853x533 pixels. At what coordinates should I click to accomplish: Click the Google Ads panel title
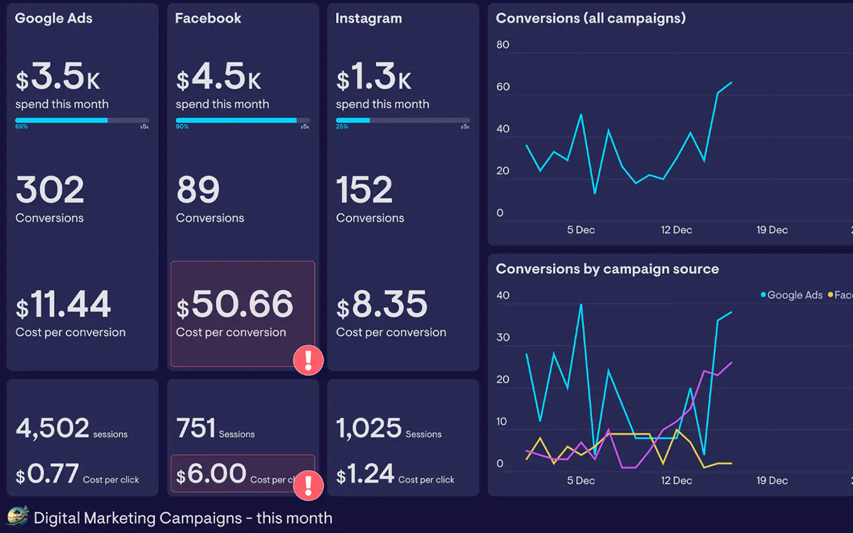tap(53, 18)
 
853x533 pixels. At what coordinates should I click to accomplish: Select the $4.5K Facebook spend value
tap(219, 77)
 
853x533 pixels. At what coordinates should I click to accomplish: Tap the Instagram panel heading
tap(368, 18)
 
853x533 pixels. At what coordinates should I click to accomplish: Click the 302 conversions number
tap(50, 190)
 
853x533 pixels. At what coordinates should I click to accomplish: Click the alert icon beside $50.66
tap(308, 359)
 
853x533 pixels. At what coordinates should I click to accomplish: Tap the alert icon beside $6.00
tap(308, 485)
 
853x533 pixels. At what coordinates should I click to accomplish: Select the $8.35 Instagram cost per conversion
tap(382, 304)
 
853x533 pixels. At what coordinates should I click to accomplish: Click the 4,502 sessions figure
tap(53, 428)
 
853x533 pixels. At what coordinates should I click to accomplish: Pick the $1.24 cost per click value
tap(365, 474)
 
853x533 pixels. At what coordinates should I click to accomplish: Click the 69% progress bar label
tap(21, 127)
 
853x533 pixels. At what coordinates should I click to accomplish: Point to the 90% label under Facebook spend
tap(182, 127)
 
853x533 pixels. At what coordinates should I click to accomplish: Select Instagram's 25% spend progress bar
tap(403, 120)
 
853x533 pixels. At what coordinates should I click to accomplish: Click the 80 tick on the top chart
tap(503, 45)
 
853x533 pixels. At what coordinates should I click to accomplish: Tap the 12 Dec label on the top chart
tap(676, 230)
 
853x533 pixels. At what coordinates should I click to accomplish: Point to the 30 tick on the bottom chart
tap(503, 338)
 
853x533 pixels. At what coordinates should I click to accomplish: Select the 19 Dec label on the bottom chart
tap(772, 480)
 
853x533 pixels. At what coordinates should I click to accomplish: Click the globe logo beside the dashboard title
tap(18, 516)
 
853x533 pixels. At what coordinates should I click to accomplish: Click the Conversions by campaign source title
tap(607, 269)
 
